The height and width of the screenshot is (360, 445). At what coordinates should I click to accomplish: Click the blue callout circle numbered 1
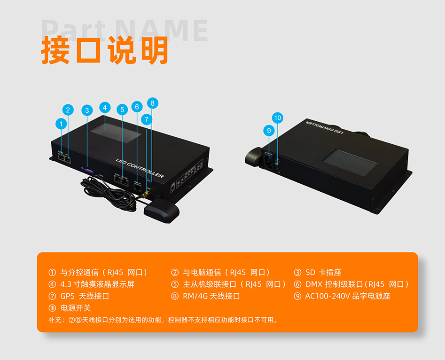tap(60, 124)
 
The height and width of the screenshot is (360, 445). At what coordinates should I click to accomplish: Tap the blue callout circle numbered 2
tap(68, 110)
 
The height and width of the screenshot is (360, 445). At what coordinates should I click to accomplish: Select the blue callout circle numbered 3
tap(86, 110)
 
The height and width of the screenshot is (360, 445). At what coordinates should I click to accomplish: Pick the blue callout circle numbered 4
tap(104, 107)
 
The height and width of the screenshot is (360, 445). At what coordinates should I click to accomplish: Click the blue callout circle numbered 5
tap(122, 110)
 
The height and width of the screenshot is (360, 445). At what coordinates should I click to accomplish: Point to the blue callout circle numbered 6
tap(137, 107)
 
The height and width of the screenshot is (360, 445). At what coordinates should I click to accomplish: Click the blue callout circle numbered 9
tap(269, 131)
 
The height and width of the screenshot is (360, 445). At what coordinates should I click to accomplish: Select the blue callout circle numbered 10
tap(278, 117)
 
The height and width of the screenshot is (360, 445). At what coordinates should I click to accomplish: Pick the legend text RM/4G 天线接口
tap(211, 296)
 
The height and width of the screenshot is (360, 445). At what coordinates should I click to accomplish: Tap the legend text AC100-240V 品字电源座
tap(347, 296)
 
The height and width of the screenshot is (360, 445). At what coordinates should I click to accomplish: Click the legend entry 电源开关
tap(76, 308)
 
